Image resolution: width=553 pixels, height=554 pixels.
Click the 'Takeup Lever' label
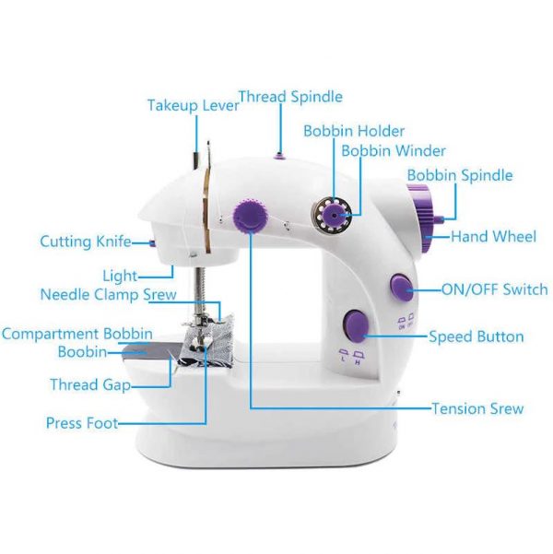(194, 105)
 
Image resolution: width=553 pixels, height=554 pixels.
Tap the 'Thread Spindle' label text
(291, 97)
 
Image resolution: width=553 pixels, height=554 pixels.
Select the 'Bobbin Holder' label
(354, 131)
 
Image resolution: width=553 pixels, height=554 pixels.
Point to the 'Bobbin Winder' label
(394, 151)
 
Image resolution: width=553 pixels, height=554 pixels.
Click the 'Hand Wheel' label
(494, 236)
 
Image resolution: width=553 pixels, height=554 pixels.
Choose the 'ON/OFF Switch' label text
(495, 289)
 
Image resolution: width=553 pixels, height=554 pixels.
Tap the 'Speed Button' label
(477, 336)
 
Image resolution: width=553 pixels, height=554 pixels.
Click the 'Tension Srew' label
(477, 408)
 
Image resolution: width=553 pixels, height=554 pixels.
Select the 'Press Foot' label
(82, 423)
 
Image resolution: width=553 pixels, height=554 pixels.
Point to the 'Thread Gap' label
(90, 384)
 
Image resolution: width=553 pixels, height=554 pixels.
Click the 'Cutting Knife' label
(86, 242)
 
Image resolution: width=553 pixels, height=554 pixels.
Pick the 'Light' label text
(120, 276)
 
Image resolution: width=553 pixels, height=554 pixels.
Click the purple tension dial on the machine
(250, 216)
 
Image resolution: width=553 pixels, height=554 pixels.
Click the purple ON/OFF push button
(402, 287)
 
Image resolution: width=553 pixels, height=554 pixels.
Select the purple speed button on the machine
(355, 325)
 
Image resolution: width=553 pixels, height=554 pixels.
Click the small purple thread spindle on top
(279, 155)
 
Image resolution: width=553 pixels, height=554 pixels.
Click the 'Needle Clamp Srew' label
(109, 294)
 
